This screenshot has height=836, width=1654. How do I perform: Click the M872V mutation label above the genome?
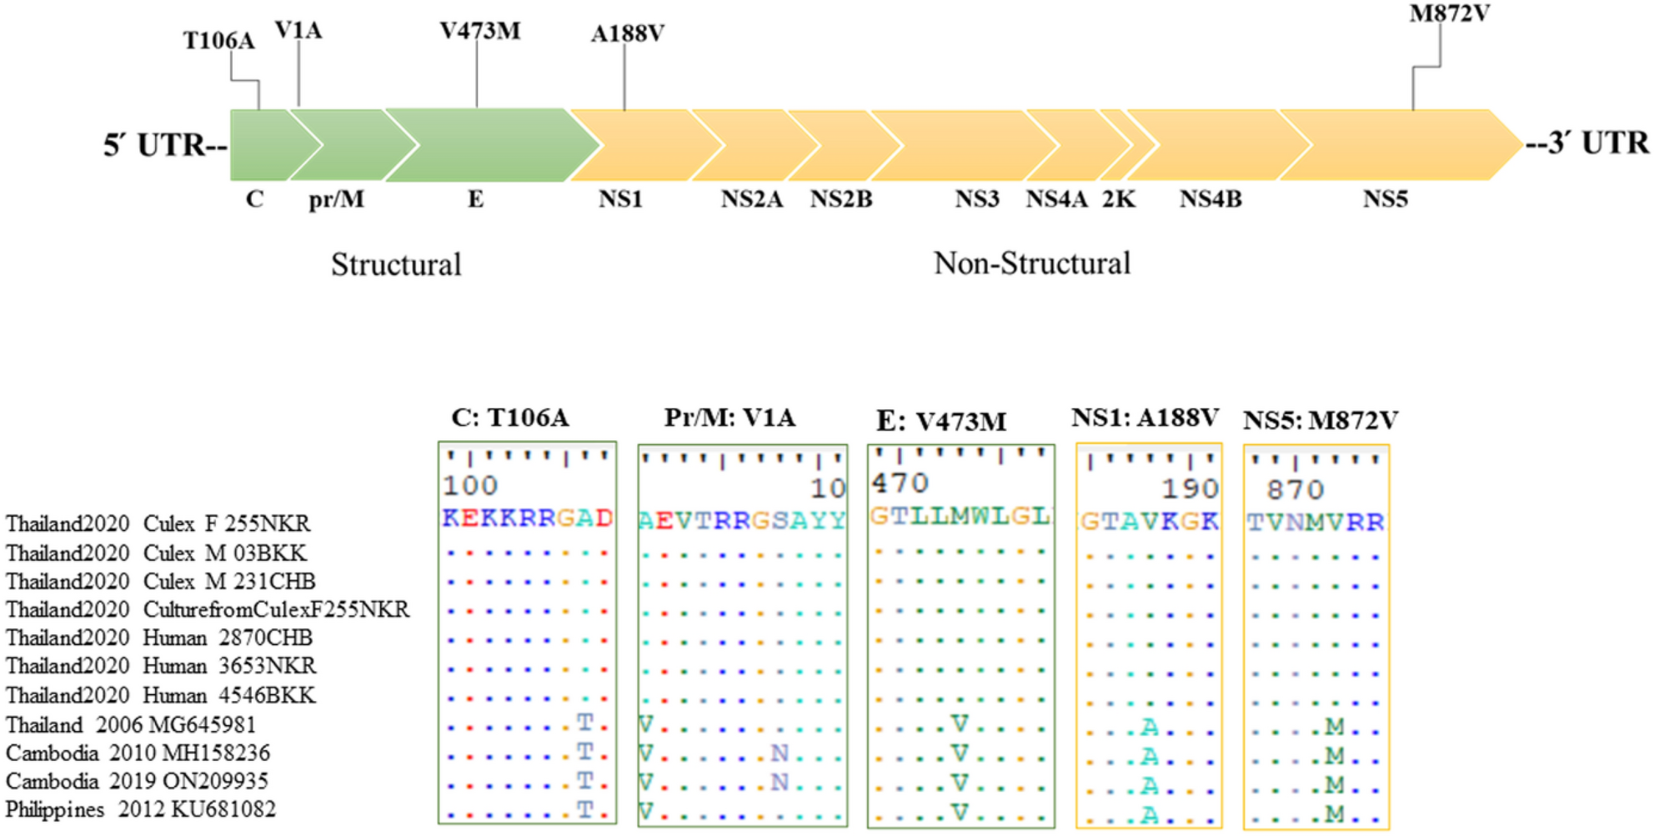point(1449,14)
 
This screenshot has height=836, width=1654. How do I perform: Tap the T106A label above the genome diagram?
point(218,41)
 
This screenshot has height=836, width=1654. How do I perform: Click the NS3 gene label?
point(976,200)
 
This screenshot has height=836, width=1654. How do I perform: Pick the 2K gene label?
point(1118,200)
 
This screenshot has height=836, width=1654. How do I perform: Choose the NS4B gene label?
point(1210,200)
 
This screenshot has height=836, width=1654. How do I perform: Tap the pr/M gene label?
point(336,200)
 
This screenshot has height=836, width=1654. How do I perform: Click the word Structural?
point(396,265)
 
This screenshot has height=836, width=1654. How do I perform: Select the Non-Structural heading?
point(1032,263)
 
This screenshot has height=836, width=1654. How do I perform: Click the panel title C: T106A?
point(510,418)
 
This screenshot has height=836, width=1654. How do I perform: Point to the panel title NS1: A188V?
point(1145,418)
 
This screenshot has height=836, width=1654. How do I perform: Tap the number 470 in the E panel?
point(900,483)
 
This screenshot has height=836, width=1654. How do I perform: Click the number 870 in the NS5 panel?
point(1295,489)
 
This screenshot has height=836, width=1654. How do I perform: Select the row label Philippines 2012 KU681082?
point(140,809)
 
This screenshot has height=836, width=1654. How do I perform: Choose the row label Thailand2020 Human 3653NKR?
point(161,666)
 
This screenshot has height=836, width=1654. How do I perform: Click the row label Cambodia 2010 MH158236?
point(138,753)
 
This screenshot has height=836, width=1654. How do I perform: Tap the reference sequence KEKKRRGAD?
point(527,518)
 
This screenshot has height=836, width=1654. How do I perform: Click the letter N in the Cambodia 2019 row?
point(779,783)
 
